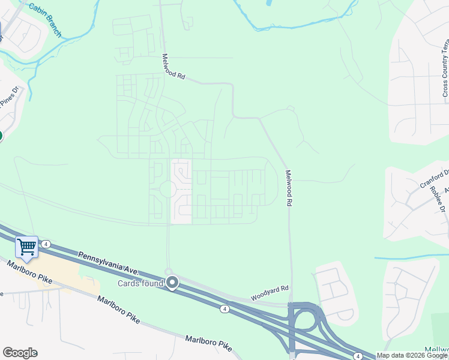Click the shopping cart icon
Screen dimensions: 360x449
26,246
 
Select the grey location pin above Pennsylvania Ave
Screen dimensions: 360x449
173,282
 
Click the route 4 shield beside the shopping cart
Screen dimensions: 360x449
46,244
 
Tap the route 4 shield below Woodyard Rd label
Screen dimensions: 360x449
224,309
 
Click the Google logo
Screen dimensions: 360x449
20,353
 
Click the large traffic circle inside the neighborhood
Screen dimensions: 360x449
167,190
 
